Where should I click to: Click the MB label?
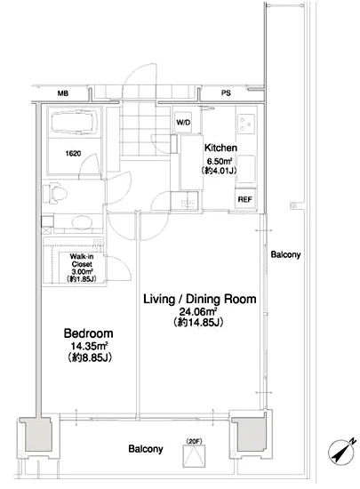[x=63, y=93]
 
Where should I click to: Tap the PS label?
[x=226, y=93]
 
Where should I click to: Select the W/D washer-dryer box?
[x=183, y=123]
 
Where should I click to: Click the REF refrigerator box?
[x=245, y=199]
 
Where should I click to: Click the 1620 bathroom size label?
[x=73, y=154]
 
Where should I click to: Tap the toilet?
[x=55, y=193]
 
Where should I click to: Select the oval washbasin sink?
[x=82, y=222]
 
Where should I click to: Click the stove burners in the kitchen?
[x=246, y=124]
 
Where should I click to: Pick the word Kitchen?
[x=220, y=148]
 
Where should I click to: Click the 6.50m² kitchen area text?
[x=220, y=161]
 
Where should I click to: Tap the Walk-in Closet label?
[x=82, y=261]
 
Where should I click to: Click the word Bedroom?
[x=89, y=333]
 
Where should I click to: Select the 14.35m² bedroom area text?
[x=90, y=346]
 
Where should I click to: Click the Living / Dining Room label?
[x=200, y=299]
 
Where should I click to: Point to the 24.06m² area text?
[x=198, y=311]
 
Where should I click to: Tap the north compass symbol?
[x=342, y=451]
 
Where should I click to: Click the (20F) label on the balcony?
[x=194, y=441]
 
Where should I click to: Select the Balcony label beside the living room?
[x=285, y=254]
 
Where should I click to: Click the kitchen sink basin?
[x=246, y=169]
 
